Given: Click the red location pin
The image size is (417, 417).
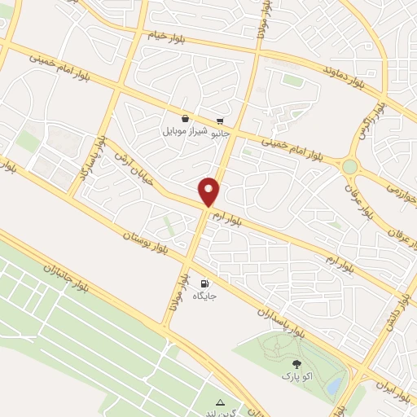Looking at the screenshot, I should pos(209,191).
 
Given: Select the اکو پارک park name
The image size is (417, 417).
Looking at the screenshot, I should pos(296,376).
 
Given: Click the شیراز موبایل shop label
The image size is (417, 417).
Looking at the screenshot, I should pos(187,130).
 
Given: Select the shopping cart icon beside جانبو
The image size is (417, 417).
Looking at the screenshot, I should pos(220,119).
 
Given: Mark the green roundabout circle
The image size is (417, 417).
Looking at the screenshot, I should pos(349,166).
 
